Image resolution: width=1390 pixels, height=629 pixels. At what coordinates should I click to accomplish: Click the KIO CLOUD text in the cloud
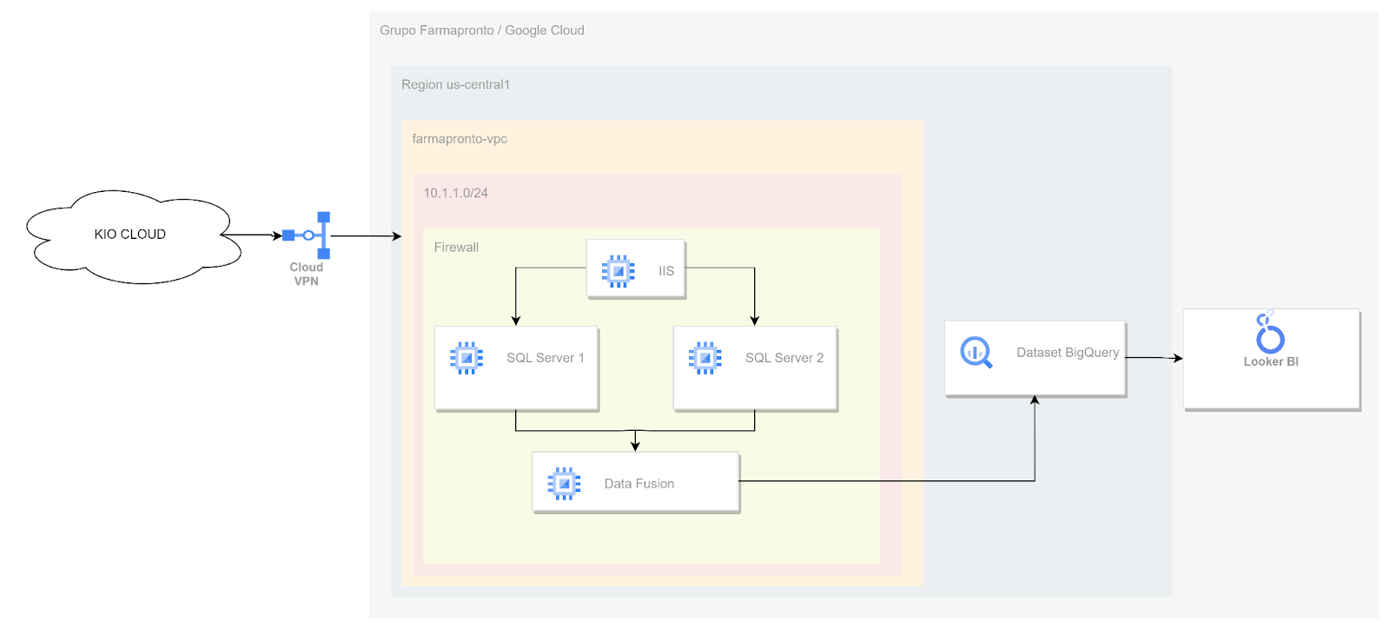[x=129, y=235]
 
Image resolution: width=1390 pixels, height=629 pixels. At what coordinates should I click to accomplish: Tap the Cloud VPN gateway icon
[x=307, y=235]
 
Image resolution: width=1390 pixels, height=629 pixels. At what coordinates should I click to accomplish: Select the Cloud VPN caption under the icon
[x=307, y=275]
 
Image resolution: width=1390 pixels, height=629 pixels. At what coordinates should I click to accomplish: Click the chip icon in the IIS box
[x=618, y=271]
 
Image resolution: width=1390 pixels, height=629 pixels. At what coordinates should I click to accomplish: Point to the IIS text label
[x=665, y=271]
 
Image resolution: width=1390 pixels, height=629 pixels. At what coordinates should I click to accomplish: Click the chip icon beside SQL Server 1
[x=466, y=358]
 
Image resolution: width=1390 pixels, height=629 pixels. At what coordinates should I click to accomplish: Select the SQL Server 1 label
[x=546, y=358]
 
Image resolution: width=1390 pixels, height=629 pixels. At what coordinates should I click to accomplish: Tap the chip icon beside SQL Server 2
[x=705, y=358]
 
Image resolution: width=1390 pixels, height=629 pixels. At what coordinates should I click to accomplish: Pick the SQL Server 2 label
[x=784, y=358]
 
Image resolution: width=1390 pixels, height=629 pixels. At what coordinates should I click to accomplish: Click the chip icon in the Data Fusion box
[x=564, y=483]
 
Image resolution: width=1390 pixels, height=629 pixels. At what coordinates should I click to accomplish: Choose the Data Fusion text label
[x=639, y=484]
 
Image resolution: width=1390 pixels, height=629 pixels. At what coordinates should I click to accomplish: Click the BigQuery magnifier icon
[x=976, y=353]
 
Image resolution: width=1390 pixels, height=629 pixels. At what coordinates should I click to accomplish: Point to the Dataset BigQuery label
[x=1068, y=353]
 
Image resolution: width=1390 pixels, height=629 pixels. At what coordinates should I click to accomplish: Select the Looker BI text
[x=1271, y=361]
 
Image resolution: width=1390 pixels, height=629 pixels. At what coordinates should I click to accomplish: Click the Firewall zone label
[x=456, y=248]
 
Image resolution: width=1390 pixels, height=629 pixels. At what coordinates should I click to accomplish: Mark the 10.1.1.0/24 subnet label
[x=455, y=193]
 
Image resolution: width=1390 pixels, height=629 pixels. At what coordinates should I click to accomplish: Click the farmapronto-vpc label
[x=460, y=139]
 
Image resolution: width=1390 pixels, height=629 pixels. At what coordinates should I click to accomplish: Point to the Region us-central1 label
[x=455, y=84]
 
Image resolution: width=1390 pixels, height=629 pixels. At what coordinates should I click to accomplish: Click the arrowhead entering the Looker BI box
[x=1178, y=358]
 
